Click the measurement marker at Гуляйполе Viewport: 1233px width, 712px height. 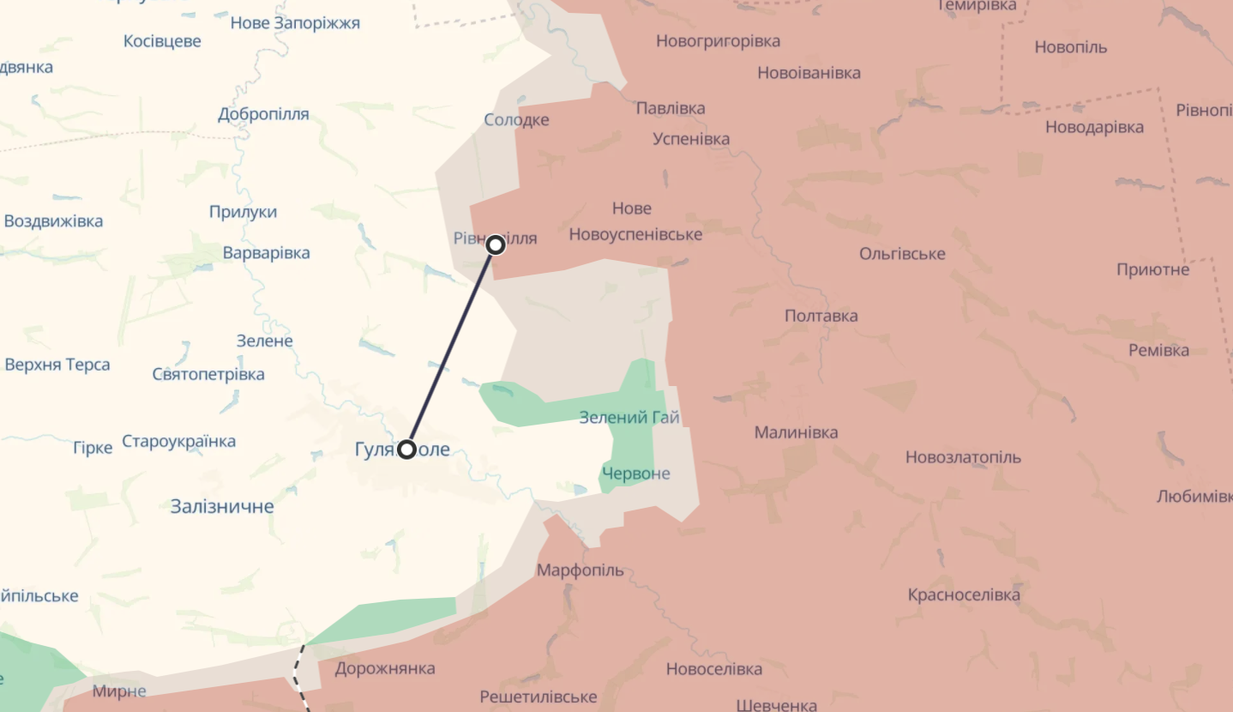point(406,450)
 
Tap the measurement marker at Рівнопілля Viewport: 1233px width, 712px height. point(496,245)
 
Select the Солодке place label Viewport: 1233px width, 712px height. point(516,120)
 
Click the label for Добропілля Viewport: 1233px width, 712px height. point(263,115)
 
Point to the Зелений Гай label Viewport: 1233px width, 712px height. point(629,418)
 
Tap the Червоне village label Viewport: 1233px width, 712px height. point(635,474)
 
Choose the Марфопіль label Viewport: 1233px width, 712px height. point(580,570)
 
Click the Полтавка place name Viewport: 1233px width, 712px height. point(821,316)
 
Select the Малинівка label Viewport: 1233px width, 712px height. point(796,432)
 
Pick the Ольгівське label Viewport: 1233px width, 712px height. point(902,254)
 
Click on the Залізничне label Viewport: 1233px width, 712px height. point(222,506)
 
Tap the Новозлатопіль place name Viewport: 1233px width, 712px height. point(963,457)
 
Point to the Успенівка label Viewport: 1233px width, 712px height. point(691,139)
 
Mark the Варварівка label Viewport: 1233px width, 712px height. point(266,253)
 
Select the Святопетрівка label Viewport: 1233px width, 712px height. point(208,374)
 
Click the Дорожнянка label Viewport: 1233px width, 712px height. point(385,668)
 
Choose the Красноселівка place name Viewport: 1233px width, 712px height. point(964,594)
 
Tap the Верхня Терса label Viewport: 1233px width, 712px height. point(57,365)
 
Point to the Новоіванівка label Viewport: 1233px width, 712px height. point(809,73)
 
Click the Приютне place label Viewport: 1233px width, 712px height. point(1152,270)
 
